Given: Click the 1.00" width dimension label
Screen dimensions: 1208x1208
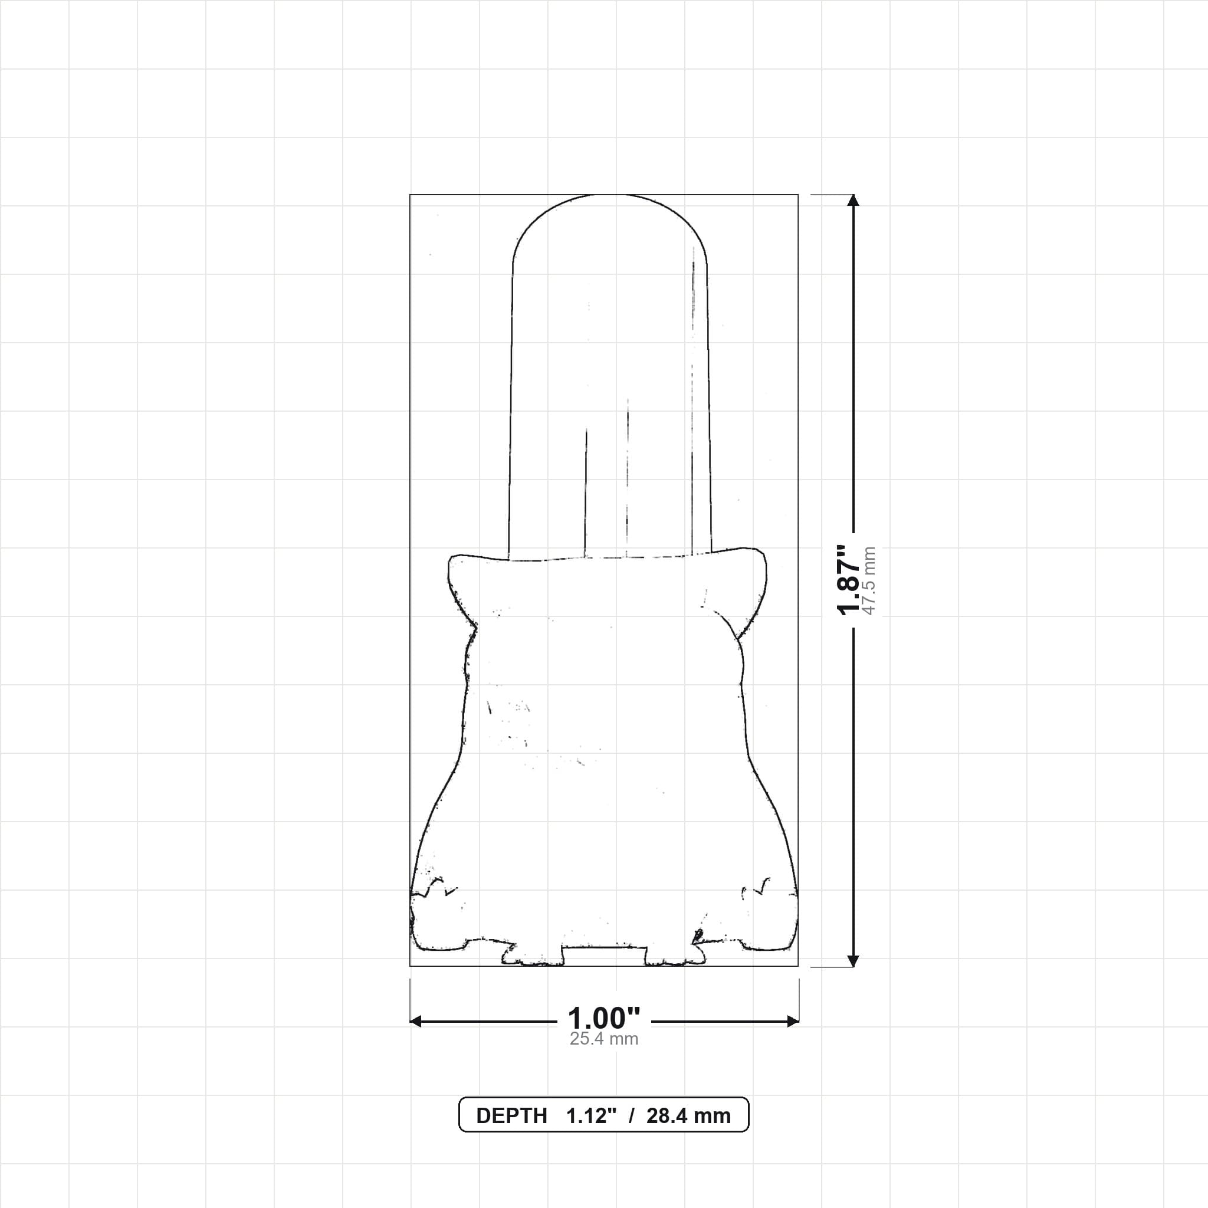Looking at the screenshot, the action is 604,1019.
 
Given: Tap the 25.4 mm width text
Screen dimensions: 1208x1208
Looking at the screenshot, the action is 604,1039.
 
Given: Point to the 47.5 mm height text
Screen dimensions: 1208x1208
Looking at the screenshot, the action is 868,580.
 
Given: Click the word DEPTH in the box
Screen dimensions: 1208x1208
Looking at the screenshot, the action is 511,1115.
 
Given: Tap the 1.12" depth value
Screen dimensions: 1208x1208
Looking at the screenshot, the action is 592,1115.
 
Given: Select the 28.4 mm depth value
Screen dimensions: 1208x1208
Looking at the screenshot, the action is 688,1115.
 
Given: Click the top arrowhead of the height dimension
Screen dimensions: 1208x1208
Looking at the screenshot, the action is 854,200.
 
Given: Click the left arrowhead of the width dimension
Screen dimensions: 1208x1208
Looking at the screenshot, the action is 416,1022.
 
